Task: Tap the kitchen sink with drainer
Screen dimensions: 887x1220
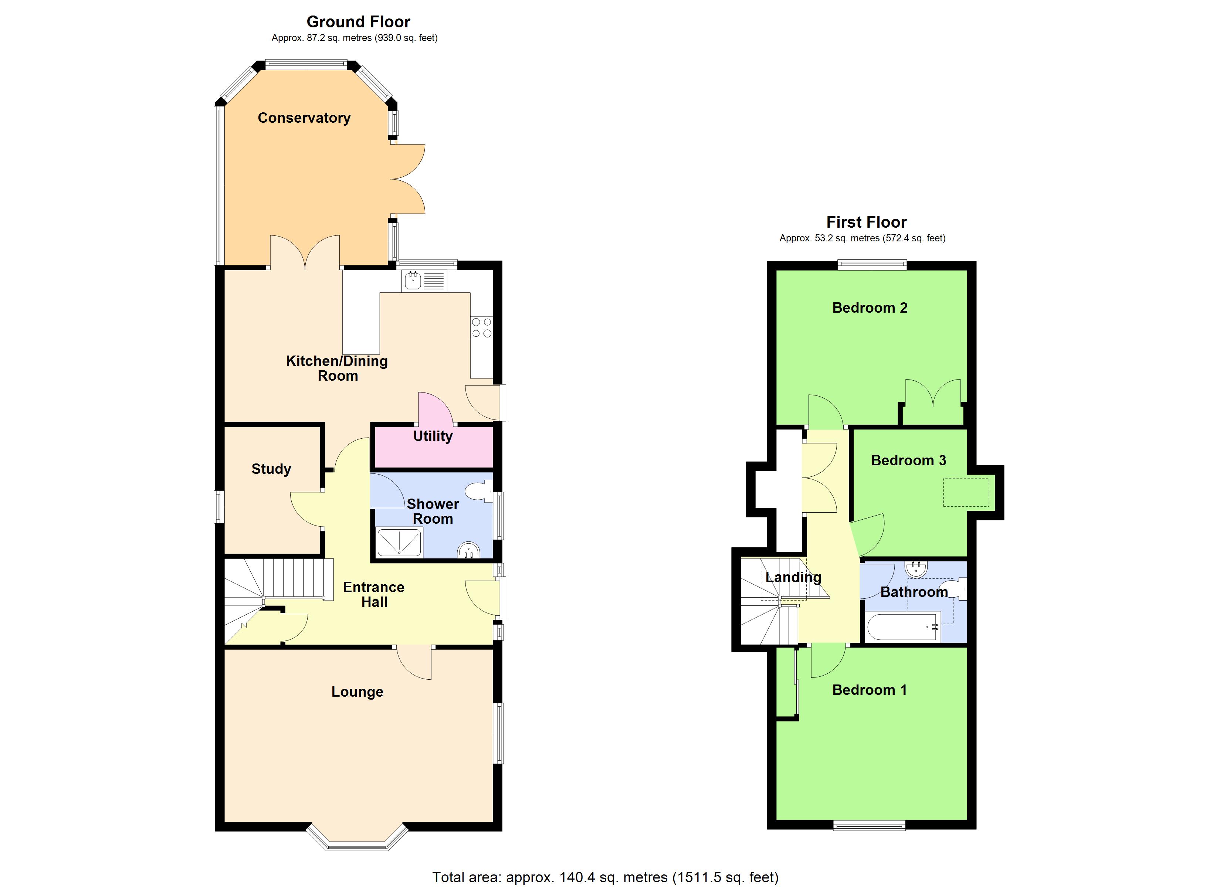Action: point(424,280)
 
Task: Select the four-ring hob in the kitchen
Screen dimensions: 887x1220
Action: point(481,327)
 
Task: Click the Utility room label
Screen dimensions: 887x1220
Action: point(433,436)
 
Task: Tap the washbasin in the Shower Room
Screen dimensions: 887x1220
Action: point(468,551)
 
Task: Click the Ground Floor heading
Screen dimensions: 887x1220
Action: point(358,22)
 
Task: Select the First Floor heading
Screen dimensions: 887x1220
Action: point(866,222)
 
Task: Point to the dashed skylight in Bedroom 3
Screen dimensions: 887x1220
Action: point(966,492)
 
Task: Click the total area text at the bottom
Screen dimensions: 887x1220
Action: point(605,877)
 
